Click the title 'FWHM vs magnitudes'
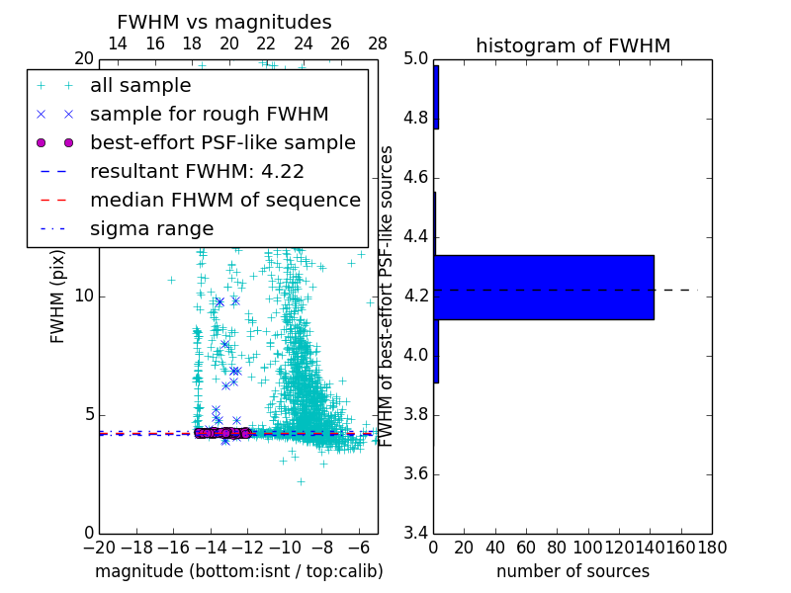point(223,22)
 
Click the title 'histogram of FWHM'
point(572,45)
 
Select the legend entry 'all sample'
point(140,85)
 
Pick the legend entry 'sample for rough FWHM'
point(209,114)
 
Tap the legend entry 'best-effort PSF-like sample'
point(222,142)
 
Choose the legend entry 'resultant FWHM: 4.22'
point(197,171)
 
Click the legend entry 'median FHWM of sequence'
point(224,200)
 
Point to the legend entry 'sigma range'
point(151,228)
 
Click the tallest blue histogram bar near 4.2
point(544,288)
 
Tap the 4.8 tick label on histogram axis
point(415,119)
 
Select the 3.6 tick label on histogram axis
point(415,474)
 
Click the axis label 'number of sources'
point(572,571)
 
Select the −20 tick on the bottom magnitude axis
point(99,546)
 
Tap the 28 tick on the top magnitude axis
point(378,43)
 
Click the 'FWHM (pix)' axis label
point(58,296)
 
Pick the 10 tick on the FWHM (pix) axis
point(83,296)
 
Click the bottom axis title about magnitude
point(238,571)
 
